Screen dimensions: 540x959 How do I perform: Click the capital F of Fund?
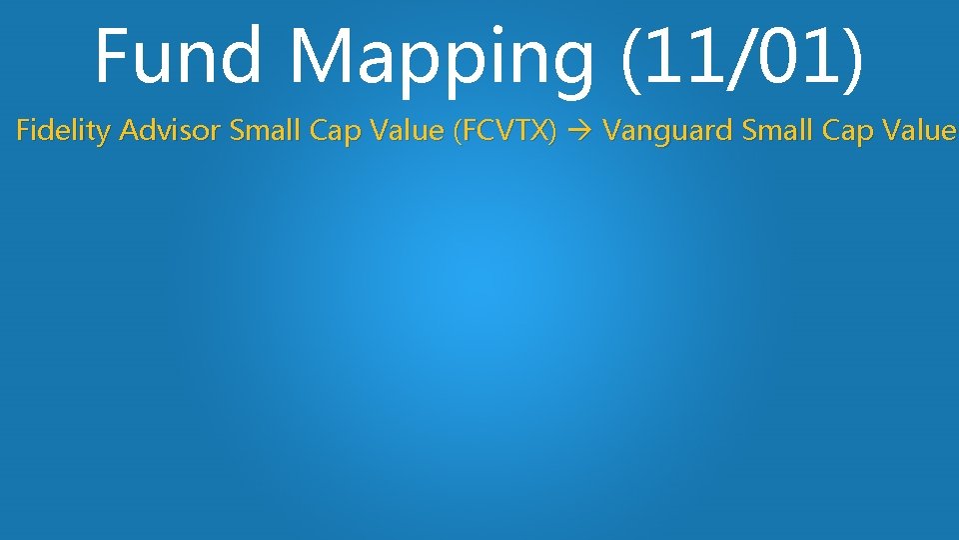(x=114, y=57)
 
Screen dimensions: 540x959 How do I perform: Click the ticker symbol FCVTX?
(x=505, y=131)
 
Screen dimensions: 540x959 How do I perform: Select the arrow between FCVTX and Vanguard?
(x=580, y=132)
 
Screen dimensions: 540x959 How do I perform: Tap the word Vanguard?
(x=660, y=132)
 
